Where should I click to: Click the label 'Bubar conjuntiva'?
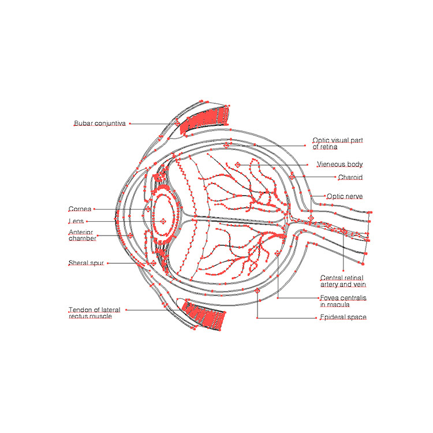[99, 124]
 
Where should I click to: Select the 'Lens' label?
[76, 221]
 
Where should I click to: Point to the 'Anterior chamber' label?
[82, 235]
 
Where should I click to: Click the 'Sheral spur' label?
[85, 263]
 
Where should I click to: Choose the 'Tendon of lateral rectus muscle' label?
[94, 313]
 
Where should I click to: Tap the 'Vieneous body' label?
[339, 165]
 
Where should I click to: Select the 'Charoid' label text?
[350, 177]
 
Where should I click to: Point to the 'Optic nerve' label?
[345, 196]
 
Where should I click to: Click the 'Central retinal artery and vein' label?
[343, 281]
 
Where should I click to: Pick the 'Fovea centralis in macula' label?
[343, 301]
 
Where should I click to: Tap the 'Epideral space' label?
[343, 318]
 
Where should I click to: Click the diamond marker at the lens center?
[163, 221]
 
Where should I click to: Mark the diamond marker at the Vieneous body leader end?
[237, 165]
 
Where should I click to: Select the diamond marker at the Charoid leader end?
[292, 177]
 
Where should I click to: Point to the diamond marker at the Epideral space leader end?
[257, 291]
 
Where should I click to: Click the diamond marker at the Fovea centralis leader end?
[278, 253]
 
